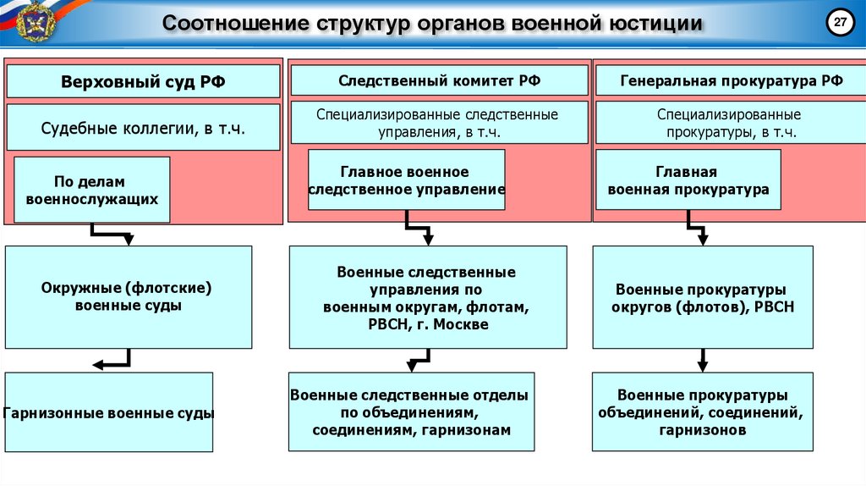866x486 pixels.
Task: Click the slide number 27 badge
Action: [x=840, y=24]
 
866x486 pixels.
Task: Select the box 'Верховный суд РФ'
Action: [x=143, y=81]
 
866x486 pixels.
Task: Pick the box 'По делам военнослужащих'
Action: [x=92, y=190]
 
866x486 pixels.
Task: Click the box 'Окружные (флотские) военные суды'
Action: [x=129, y=296]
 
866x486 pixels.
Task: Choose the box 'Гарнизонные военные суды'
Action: [x=108, y=414]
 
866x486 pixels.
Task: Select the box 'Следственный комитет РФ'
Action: [x=438, y=80]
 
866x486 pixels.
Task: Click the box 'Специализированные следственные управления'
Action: [x=438, y=123]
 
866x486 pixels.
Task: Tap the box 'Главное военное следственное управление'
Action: [x=406, y=180]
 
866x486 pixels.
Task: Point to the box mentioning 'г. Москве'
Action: [x=427, y=297]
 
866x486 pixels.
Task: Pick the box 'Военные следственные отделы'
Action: [x=411, y=411]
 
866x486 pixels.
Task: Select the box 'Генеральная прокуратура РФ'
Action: [x=731, y=80]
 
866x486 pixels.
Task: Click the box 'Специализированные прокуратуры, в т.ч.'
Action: [x=731, y=123]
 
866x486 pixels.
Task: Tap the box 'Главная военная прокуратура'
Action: [x=688, y=180]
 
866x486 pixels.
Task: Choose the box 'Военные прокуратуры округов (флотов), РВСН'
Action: [x=704, y=297]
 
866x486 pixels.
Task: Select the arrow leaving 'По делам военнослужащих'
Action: [x=110, y=233]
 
